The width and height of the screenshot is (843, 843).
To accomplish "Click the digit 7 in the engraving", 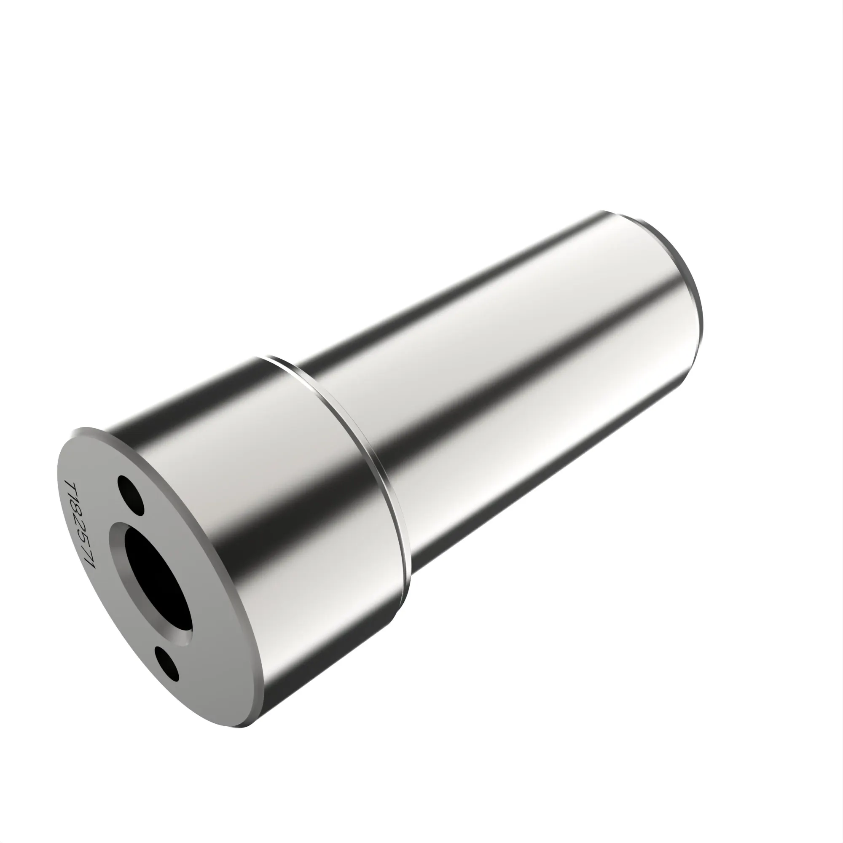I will click(x=87, y=551).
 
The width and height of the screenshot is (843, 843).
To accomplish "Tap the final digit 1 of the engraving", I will click(x=91, y=563).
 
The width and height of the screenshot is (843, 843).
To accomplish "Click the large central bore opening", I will click(x=157, y=576).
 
